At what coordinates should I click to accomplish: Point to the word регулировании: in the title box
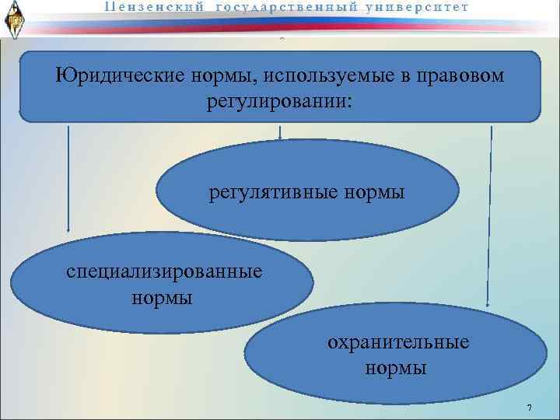coord(279,102)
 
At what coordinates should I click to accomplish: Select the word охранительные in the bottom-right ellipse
coord(398,342)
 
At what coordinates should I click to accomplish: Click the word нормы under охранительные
coord(397,367)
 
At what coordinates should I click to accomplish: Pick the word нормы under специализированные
coord(163,297)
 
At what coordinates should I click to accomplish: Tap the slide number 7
coord(529,409)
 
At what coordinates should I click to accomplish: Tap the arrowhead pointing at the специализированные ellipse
coord(68,229)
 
